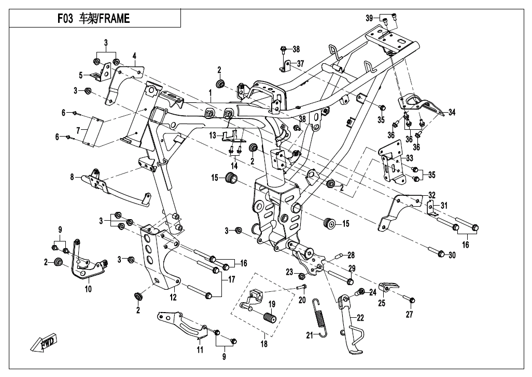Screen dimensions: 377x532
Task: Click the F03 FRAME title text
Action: pos(94,19)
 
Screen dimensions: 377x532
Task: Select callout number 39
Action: pos(369,18)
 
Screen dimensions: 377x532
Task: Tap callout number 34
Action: pos(452,112)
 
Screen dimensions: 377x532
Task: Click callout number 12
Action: pos(173,298)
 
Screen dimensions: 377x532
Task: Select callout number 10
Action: pos(88,289)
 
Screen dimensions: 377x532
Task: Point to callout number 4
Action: pos(134,56)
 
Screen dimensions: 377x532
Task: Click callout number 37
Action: pos(300,64)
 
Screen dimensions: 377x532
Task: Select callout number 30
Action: pos(452,254)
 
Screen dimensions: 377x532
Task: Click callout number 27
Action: pos(410,315)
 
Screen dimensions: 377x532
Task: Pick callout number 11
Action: pos(200,349)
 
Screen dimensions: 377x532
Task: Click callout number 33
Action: pos(410,158)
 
